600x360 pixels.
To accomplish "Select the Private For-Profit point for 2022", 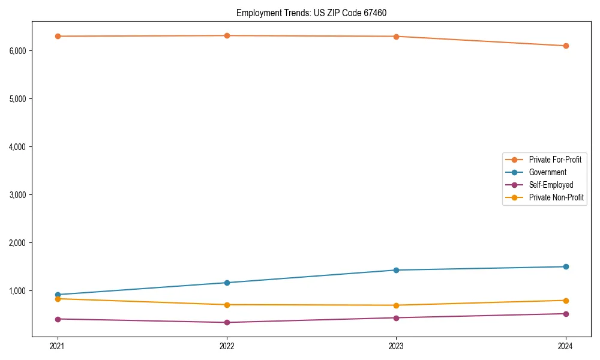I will click(227, 35).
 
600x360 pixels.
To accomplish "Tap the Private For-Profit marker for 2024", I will click(566, 46).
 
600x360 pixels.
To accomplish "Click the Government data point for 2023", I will click(396, 270).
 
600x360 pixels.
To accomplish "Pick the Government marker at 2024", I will click(566, 266).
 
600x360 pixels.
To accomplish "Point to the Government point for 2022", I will click(227, 283).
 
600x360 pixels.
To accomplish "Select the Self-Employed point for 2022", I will click(227, 322).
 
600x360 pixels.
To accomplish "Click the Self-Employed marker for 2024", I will click(566, 314).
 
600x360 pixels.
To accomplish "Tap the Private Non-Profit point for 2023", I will click(396, 305).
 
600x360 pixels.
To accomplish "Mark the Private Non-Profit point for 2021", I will click(58, 299).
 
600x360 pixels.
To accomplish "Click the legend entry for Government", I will click(547, 172).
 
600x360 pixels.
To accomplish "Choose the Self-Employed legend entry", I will click(551, 185).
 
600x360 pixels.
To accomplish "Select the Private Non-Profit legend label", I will click(556, 197).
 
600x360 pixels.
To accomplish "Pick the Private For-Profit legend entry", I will click(555, 160).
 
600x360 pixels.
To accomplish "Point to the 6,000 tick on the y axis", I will click(18, 50).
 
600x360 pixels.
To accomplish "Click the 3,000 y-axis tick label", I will click(18, 195).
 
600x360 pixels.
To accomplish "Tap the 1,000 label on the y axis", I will click(18, 291).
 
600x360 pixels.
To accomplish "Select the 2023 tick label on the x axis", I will click(396, 346).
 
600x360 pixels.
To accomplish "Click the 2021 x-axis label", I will click(58, 346).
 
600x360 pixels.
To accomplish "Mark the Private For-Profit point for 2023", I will click(396, 37).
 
